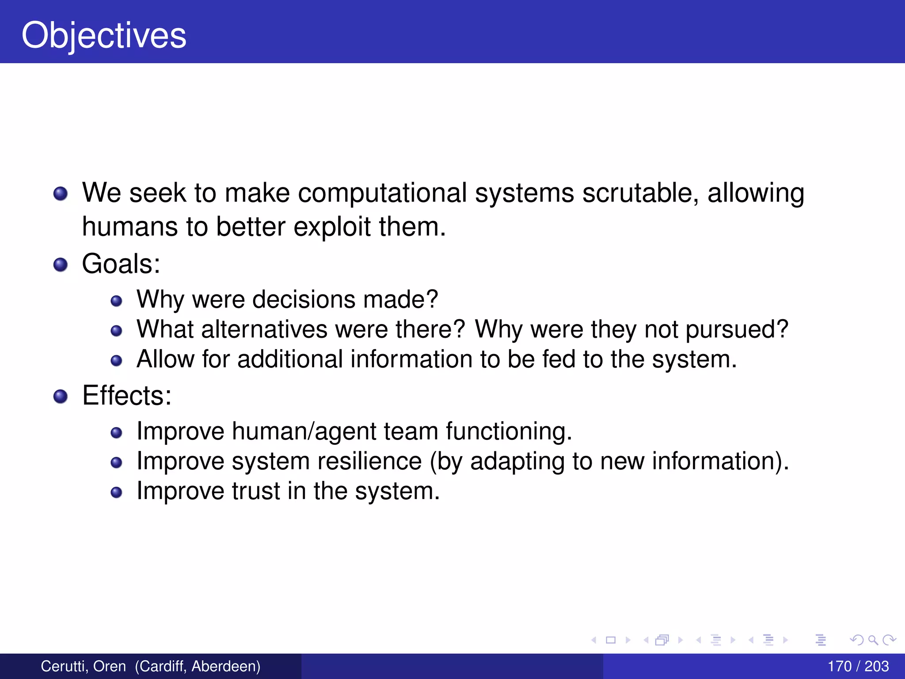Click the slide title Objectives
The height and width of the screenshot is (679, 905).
[x=104, y=35]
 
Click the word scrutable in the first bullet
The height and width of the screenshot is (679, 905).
[x=640, y=193]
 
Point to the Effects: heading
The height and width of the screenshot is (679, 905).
[x=127, y=395]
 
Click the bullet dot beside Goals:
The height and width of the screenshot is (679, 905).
[x=61, y=265]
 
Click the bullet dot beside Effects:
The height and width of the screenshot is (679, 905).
[x=61, y=396]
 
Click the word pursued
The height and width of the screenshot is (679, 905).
[x=736, y=329]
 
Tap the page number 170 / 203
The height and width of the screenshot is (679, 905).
[x=858, y=666]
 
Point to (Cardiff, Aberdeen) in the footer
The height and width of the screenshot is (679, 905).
[x=198, y=666]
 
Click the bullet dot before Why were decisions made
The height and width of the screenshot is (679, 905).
[x=116, y=301]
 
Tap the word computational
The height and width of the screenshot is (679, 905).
[x=382, y=193]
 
